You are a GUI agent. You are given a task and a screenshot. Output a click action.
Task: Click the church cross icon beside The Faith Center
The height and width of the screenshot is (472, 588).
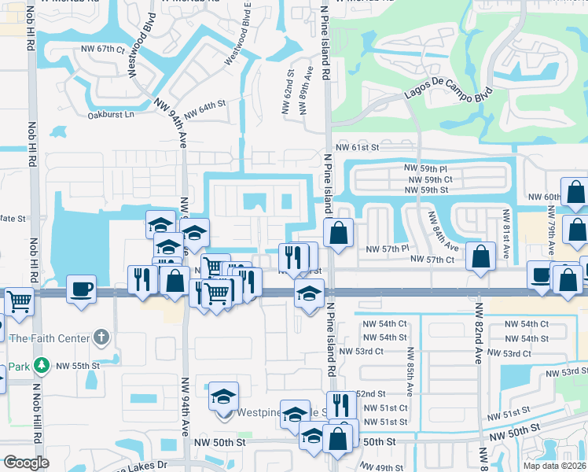pyautogui.click(x=100, y=338)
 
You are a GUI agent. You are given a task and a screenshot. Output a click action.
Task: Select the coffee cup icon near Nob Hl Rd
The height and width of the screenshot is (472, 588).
pyautogui.click(x=82, y=288)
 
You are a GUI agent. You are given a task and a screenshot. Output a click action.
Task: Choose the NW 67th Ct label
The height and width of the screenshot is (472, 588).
pyautogui.click(x=103, y=49)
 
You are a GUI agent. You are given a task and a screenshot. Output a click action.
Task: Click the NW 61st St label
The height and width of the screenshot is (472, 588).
pyautogui.click(x=358, y=147)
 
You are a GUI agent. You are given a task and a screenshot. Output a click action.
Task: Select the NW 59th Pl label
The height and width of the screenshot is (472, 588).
pyautogui.click(x=425, y=168)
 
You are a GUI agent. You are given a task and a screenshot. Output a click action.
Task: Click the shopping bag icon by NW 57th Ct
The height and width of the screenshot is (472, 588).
pyautogui.click(x=480, y=256)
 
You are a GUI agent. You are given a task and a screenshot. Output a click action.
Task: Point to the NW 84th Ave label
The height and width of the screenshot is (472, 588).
pyautogui.click(x=441, y=230)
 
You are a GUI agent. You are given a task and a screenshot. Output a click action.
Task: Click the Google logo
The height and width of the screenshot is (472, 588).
pyautogui.click(x=27, y=463)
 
